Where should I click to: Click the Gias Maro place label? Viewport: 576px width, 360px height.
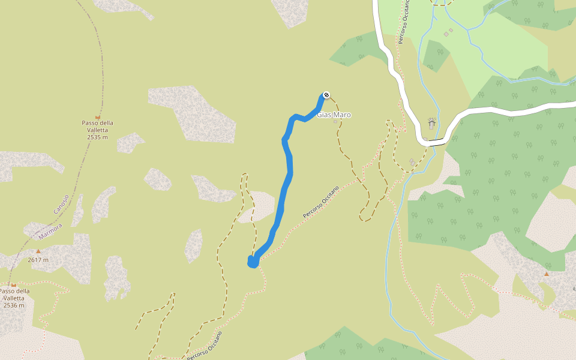pyautogui.click(x=334, y=115)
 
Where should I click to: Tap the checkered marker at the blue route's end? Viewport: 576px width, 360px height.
pyautogui.click(x=326, y=95)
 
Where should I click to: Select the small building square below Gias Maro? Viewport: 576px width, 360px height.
pyautogui.click(x=335, y=122)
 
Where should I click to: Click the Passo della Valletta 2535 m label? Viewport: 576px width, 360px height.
pyautogui.click(x=98, y=130)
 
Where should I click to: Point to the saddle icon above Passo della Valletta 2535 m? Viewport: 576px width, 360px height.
pyautogui.click(x=98, y=116)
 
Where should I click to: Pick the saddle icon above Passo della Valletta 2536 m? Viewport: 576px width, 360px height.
pyautogui.click(x=13, y=284)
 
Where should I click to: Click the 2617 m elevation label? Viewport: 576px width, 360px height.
pyautogui.click(x=38, y=260)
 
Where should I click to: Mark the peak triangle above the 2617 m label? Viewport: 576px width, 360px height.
pyautogui.click(x=38, y=251)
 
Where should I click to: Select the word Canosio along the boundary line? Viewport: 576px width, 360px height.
pyautogui.click(x=61, y=203)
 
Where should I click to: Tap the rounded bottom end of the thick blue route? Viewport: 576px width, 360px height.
pyautogui.click(x=253, y=262)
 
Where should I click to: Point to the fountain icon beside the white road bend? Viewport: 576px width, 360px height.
pyautogui.click(x=431, y=124)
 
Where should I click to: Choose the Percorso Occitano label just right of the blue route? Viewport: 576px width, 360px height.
pyautogui.click(x=321, y=202)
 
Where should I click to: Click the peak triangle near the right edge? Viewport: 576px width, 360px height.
pyautogui.click(x=546, y=274)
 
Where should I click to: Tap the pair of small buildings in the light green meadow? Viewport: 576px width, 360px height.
pyautogui.click(x=448, y=32)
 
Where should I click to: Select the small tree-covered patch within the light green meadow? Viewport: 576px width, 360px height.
pyautogui.click(x=436, y=56)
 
